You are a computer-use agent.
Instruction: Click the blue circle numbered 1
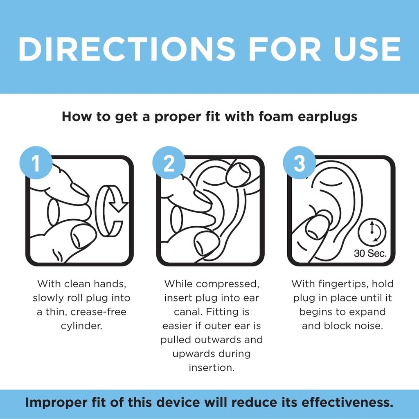coord(36,164)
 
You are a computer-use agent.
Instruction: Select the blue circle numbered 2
coord(169,164)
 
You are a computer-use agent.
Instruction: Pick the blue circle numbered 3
coord(300,164)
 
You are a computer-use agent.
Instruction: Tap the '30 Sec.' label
coord(370,253)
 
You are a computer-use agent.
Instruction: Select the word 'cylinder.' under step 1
coord(81,326)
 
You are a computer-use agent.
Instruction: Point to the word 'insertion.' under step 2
coord(212,367)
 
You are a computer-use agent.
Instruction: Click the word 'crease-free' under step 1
coord(98,312)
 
